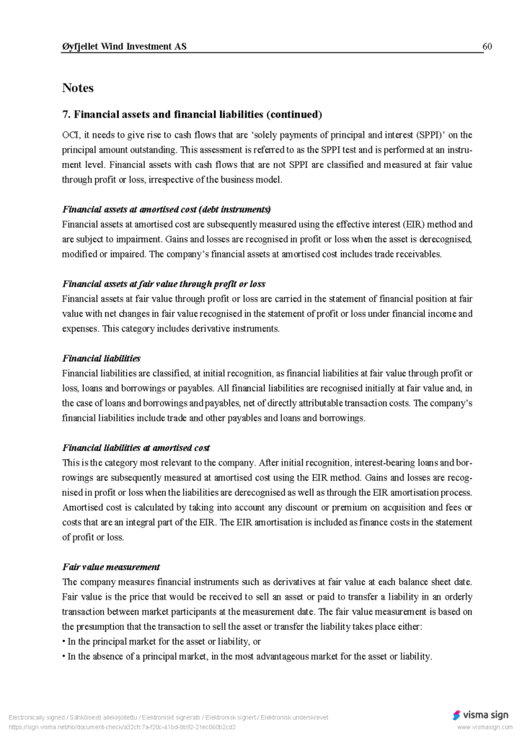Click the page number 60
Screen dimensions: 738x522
coord(487,47)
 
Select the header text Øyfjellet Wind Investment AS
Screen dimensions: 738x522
coord(124,47)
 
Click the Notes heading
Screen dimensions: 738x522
coord(78,88)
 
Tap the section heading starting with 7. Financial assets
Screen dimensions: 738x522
coord(192,115)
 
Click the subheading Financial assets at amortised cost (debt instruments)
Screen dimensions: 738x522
coord(167,209)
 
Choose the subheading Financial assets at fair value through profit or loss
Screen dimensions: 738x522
coord(164,284)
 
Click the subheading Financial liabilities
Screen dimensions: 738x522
coord(102,358)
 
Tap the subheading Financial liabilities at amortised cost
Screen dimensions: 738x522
coord(136,448)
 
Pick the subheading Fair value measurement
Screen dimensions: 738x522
coord(111,567)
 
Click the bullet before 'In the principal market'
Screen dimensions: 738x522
coord(64,641)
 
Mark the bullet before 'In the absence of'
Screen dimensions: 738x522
coord(64,657)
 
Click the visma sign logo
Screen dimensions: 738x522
coord(480,715)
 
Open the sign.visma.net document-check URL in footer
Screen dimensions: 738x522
coord(122,727)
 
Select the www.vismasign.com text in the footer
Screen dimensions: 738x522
coord(483,728)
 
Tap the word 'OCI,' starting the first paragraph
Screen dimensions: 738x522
coord(71,135)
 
